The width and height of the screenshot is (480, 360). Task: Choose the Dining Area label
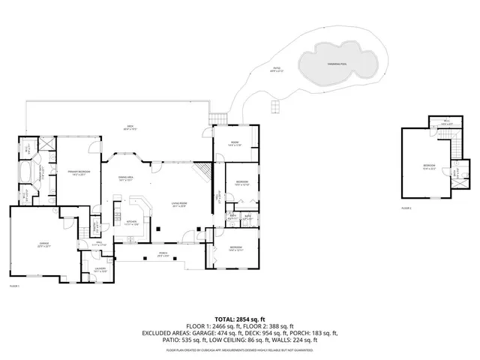(x=125, y=178)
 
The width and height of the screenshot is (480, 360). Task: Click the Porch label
(x=163, y=252)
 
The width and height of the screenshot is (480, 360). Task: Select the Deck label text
(x=129, y=127)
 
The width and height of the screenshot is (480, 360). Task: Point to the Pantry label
(x=96, y=226)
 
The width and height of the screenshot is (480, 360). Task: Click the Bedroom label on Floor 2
(x=428, y=166)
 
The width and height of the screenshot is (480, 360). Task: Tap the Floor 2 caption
(x=406, y=207)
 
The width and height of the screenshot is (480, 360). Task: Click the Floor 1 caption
(x=13, y=286)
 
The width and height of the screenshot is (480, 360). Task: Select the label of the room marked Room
(x=235, y=144)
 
